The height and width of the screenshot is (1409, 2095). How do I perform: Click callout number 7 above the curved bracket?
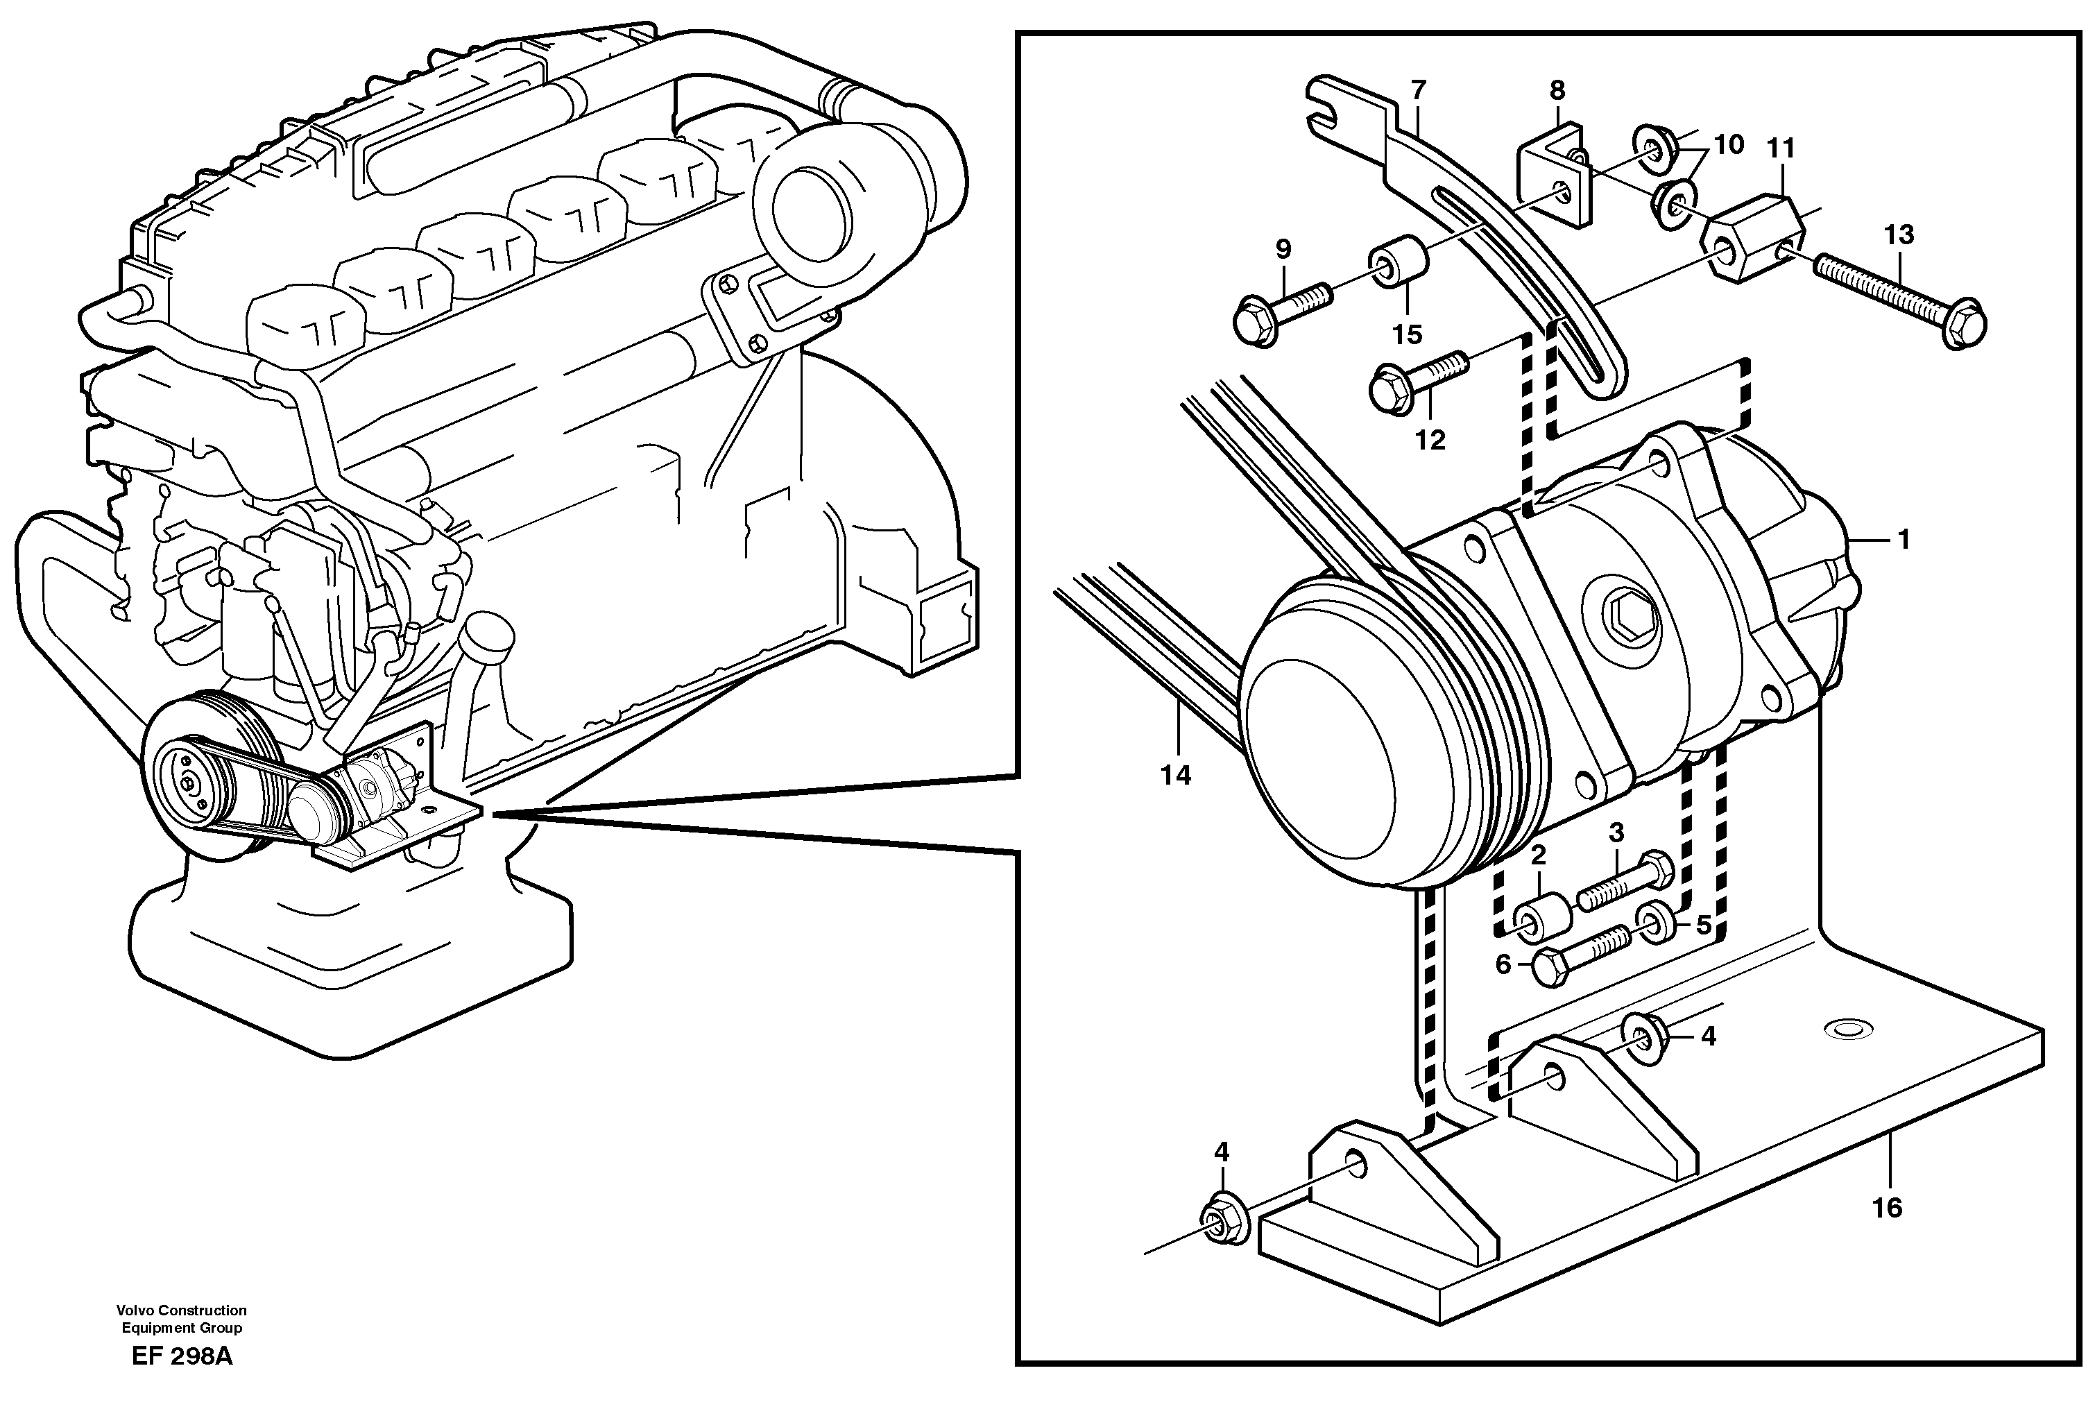pos(1418,90)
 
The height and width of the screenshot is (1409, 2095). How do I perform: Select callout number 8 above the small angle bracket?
pos(1557,90)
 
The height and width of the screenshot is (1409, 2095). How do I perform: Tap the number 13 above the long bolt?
pos(1898,234)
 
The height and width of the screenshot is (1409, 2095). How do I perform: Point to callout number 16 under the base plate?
pos(1887,1207)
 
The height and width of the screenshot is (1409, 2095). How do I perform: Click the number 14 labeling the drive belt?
pos(1175,775)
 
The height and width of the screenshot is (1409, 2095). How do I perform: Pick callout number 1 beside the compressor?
pos(1902,539)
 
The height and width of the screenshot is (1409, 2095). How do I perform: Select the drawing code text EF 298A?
pos(182,1382)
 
